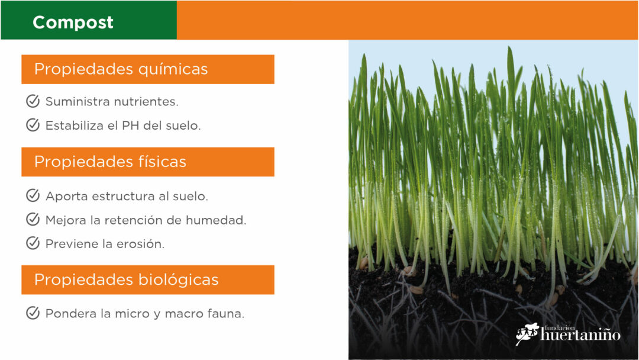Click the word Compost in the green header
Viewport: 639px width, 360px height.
[x=73, y=23]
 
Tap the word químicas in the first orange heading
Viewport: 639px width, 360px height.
[x=173, y=69]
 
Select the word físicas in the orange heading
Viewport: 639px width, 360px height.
[x=162, y=162]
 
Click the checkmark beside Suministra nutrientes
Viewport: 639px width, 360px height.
[x=33, y=101]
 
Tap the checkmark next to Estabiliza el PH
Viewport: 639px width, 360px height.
[x=33, y=125]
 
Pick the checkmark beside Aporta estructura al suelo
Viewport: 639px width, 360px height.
[x=33, y=195]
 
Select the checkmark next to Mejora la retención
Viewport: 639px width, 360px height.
[x=33, y=219]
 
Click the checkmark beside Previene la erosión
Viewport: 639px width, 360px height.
[x=33, y=243]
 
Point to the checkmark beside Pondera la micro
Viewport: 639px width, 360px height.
[x=33, y=313]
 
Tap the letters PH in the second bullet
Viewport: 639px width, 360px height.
[x=130, y=126]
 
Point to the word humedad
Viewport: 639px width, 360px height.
[x=216, y=220]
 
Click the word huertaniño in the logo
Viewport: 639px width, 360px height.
[x=580, y=335]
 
